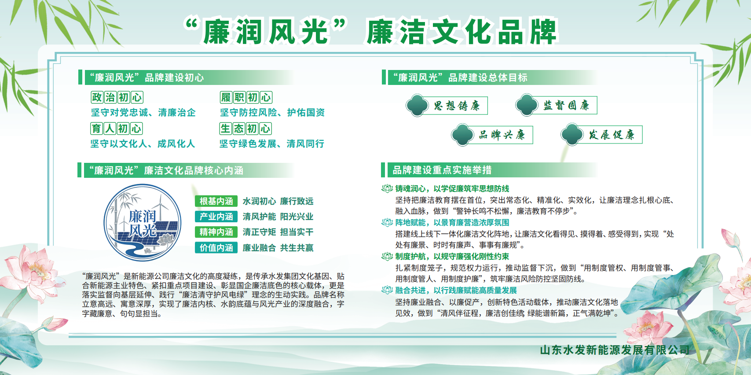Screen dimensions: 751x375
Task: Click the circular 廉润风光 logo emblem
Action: click(x=143, y=222)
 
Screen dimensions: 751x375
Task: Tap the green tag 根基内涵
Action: click(x=216, y=201)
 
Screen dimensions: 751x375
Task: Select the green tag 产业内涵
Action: click(x=216, y=217)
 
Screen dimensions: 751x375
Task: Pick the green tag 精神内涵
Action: click(x=216, y=232)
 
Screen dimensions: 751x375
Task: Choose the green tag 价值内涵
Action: click(x=216, y=248)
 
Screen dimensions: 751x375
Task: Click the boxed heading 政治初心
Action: click(x=117, y=97)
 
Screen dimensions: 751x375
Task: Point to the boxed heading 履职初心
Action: click(x=246, y=97)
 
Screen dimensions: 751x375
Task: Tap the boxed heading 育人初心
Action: click(x=116, y=129)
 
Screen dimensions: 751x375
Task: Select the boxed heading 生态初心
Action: click(x=245, y=129)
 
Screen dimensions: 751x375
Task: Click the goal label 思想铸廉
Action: click(x=457, y=106)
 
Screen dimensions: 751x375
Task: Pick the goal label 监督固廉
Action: click(x=566, y=105)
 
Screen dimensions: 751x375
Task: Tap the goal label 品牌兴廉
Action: click(x=502, y=135)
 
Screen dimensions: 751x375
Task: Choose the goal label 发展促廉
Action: click(x=612, y=135)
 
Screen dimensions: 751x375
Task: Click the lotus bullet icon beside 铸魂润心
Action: click(x=387, y=188)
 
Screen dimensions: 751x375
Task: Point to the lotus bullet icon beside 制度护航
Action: click(x=387, y=256)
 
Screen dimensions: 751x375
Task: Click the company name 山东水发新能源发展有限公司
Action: click(x=615, y=350)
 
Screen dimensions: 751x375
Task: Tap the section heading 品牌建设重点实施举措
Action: click(x=442, y=170)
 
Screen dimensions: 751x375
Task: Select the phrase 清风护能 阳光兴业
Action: click(x=278, y=217)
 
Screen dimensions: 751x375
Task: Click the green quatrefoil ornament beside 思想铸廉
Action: click(x=417, y=105)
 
